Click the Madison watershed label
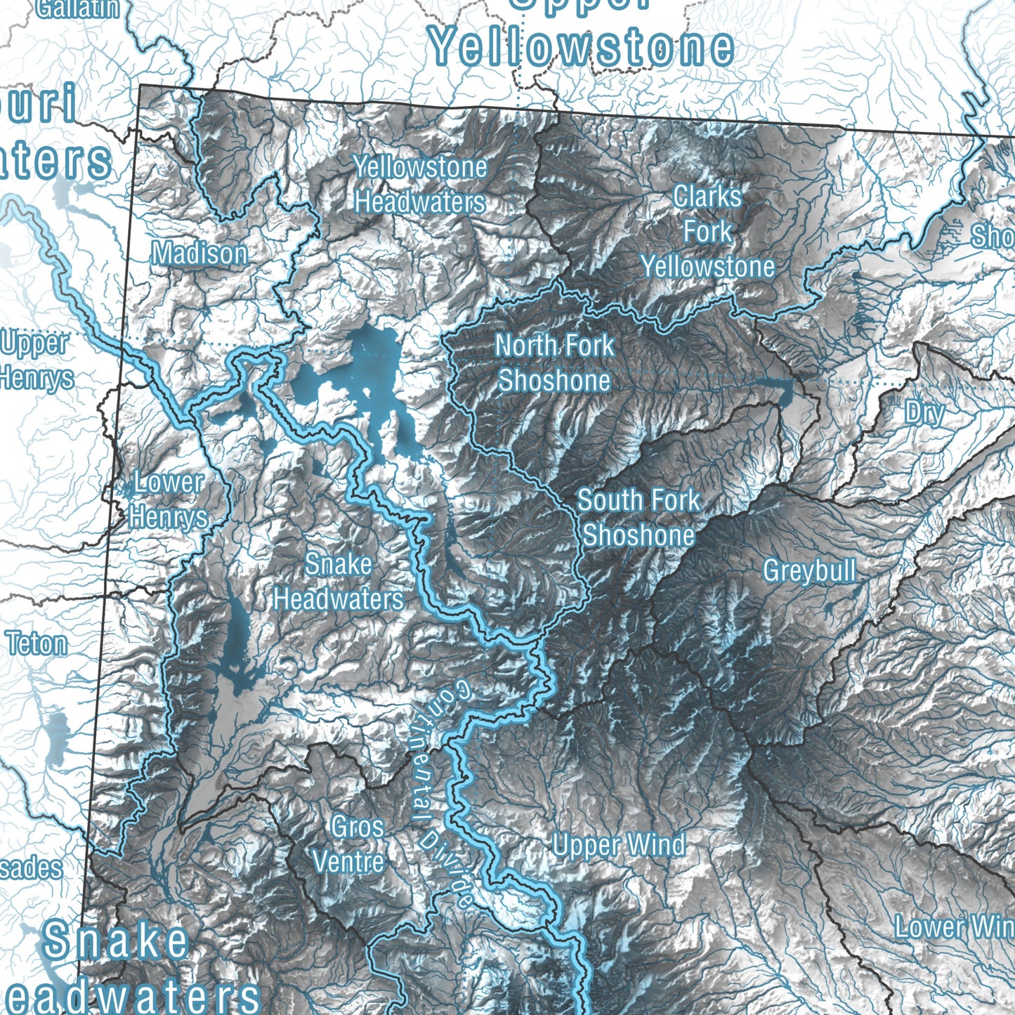(200, 254)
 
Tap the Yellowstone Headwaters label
(420, 185)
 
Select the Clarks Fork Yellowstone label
(707, 232)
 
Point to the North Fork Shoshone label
(554, 363)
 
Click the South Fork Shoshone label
(639, 518)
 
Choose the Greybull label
(809, 570)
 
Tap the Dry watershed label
(925, 412)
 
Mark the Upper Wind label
(619, 845)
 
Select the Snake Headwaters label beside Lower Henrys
(339, 582)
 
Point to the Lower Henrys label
(169, 500)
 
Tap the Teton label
(37, 643)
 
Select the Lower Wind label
(954, 926)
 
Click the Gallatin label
(77, 8)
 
